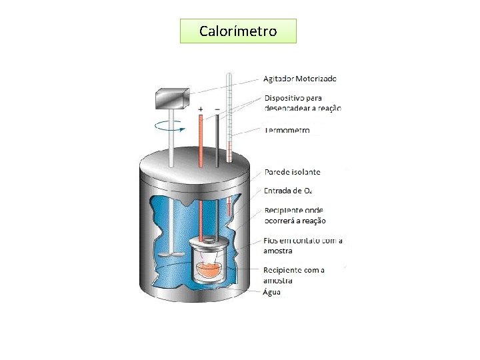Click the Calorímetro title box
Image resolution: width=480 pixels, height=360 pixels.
click(238, 31)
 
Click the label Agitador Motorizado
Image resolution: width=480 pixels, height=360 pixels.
click(301, 78)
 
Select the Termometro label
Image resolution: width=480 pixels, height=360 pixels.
click(287, 131)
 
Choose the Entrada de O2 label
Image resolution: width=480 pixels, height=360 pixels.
click(288, 191)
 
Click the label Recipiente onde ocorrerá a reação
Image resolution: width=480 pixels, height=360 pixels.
click(295, 215)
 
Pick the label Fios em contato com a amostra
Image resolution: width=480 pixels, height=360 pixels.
click(303, 245)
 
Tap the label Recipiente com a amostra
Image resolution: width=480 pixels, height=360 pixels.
click(294, 275)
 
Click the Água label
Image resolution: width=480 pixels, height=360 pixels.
click(272, 292)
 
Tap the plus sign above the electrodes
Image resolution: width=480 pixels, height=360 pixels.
click(201, 109)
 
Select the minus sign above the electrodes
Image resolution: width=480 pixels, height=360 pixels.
click(217, 109)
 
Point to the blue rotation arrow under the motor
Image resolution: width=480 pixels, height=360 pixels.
click(169, 124)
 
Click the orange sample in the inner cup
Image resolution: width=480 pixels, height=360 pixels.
click(210, 270)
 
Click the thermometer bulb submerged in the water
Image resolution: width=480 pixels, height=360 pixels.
click(229, 208)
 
